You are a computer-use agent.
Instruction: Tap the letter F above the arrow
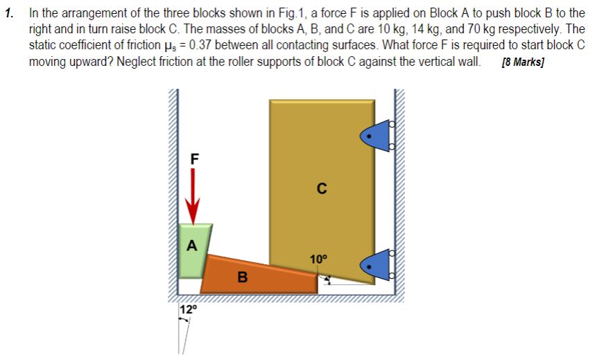click(x=195, y=157)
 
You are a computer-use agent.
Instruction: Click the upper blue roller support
click(x=374, y=135)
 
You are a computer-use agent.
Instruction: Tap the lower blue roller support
click(x=375, y=264)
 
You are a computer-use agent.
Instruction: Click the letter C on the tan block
click(x=320, y=187)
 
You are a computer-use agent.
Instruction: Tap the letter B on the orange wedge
click(x=241, y=278)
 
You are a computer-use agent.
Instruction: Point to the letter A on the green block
click(x=192, y=245)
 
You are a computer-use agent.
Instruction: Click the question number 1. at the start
click(x=9, y=13)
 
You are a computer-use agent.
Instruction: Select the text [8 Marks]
click(x=523, y=62)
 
